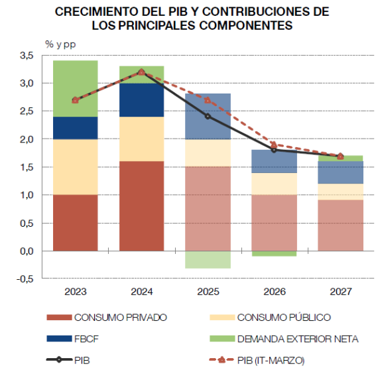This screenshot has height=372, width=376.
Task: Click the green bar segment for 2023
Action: click(x=76, y=88)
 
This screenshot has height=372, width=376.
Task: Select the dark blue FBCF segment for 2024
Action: click(x=142, y=100)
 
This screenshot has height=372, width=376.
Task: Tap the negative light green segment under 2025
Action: click(x=208, y=259)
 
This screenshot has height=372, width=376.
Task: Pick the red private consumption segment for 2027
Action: click(x=340, y=225)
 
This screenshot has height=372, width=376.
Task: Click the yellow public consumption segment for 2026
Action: click(x=275, y=184)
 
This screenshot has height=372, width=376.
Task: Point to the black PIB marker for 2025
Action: click(x=208, y=117)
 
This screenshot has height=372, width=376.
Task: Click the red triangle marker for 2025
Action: click(x=208, y=100)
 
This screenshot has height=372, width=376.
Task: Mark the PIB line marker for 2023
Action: click(x=76, y=100)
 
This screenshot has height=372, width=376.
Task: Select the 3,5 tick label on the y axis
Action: click(x=27, y=56)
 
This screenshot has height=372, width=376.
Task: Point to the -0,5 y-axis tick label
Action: click(x=25, y=279)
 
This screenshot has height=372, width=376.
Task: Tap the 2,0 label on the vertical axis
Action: click(x=27, y=139)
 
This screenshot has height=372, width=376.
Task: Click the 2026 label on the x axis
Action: click(x=275, y=292)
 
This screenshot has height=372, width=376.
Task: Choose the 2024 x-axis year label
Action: click(x=142, y=292)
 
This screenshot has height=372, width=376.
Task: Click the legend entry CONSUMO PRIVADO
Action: click(x=107, y=318)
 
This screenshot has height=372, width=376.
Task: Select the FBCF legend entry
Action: click(x=73, y=339)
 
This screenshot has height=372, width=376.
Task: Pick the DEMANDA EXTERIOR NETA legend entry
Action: click(x=284, y=339)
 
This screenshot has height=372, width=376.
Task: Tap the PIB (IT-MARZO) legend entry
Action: click(x=257, y=360)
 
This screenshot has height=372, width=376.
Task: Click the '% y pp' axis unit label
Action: click(x=60, y=44)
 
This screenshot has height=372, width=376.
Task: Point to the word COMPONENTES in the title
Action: click(x=246, y=25)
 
